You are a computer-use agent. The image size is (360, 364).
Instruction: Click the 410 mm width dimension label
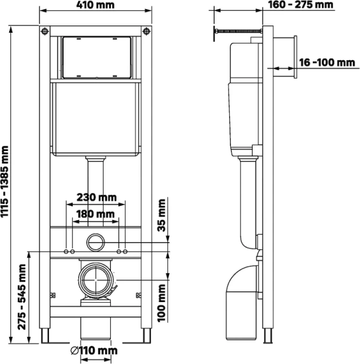[x=95, y=5]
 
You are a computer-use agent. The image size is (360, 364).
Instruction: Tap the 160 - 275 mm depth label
[x=301, y=5]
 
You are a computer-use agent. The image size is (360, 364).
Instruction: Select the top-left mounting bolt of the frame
[x=44, y=31]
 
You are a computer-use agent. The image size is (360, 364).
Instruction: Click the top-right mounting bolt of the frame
[x=145, y=31]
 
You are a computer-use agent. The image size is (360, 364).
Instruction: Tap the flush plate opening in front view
[x=95, y=58]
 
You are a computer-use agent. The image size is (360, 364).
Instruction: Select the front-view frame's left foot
[x=45, y=335]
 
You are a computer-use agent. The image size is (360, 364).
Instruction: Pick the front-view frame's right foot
[x=146, y=335]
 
